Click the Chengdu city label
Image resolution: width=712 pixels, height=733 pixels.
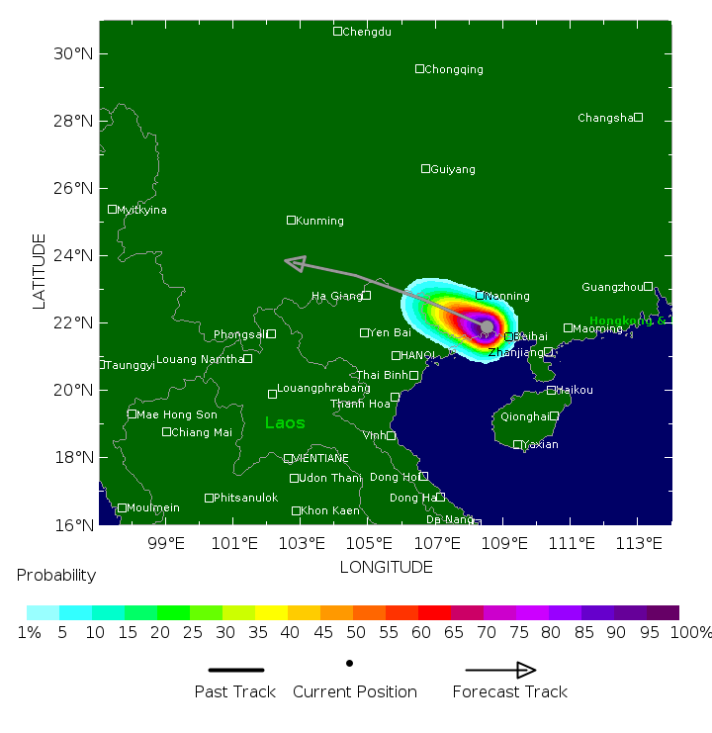click(x=367, y=32)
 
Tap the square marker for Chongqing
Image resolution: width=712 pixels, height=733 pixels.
click(x=419, y=69)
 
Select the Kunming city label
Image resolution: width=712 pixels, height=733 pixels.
click(x=319, y=221)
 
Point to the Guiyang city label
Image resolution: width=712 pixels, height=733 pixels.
click(x=453, y=169)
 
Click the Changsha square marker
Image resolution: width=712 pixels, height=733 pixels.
click(x=638, y=118)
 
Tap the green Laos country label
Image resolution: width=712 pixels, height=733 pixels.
click(x=285, y=423)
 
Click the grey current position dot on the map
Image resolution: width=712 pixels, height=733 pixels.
click(x=487, y=326)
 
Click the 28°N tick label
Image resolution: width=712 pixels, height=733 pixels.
click(x=73, y=121)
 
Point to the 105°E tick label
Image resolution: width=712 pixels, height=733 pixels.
click(x=370, y=543)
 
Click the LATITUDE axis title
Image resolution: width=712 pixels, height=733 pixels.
click(x=40, y=271)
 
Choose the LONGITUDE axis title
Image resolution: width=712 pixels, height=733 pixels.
click(x=386, y=567)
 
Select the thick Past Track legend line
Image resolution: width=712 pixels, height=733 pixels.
click(x=236, y=670)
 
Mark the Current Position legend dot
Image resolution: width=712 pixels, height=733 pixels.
click(x=349, y=663)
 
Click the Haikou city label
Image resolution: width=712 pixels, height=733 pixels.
click(x=575, y=390)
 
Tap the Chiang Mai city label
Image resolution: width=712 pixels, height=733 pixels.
click(x=202, y=432)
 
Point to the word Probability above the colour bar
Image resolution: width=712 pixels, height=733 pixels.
click(x=56, y=575)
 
